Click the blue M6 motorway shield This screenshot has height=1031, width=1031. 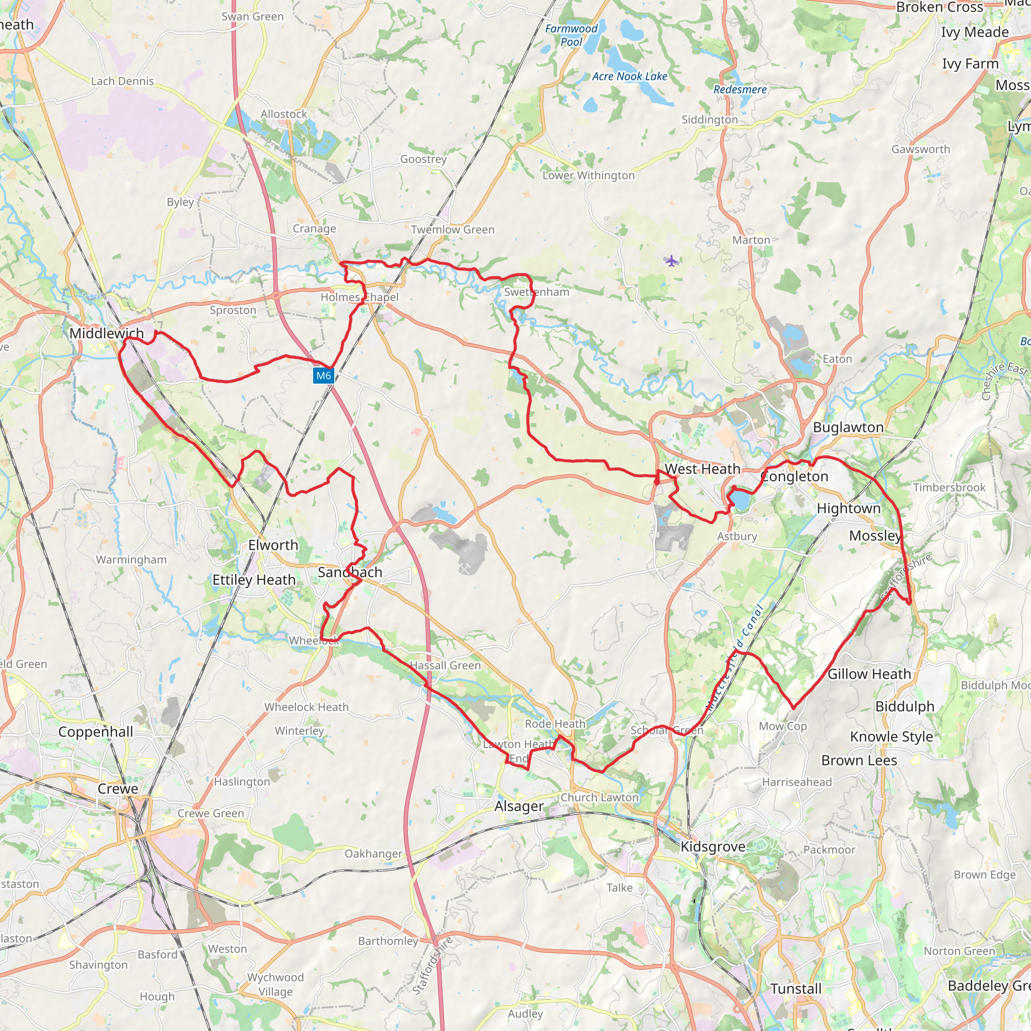coord(323,376)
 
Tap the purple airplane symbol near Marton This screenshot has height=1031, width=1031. coord(672,260)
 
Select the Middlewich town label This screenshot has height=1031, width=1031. coord(107,334)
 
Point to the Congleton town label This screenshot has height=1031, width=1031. coord(794,477)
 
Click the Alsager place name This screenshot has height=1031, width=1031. coord(519,806)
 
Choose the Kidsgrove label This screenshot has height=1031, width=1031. coord(713,847)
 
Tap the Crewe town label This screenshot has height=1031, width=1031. coord(118,789)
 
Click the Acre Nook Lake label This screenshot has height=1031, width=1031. coord(630,77)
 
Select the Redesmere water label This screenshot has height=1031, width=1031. coord(740,90)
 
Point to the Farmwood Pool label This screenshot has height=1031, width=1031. coord(571,35)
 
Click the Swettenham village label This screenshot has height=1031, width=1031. coord(536,292)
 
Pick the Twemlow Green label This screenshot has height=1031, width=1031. coord(453,230)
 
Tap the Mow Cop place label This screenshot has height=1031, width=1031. coord(783,726)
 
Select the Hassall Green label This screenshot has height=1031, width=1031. coord(446,666)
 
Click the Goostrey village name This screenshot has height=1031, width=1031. coord(423,159)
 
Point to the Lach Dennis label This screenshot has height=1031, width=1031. coord(122,81)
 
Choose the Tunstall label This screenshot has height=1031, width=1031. coord(796,989)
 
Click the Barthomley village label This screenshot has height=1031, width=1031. coord(388,941)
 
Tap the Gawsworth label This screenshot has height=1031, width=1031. coord(921,150)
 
